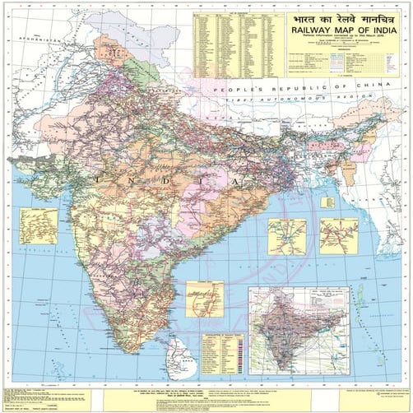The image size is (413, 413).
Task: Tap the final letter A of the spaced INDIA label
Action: [239, 179]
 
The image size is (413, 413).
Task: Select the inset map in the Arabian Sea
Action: [39, 225]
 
